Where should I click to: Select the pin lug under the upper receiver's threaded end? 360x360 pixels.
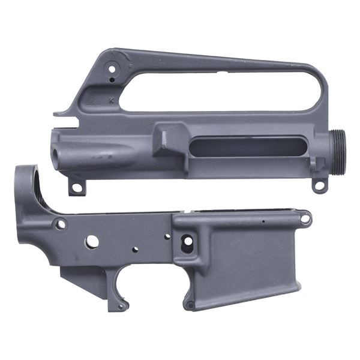click(320, 185)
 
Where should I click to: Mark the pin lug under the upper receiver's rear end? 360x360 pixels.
click(76, 188)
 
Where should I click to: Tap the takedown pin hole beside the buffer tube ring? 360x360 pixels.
click(61, 225)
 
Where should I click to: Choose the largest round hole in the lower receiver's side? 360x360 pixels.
click(92, 241)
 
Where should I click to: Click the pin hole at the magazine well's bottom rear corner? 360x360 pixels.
click(190, 305)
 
